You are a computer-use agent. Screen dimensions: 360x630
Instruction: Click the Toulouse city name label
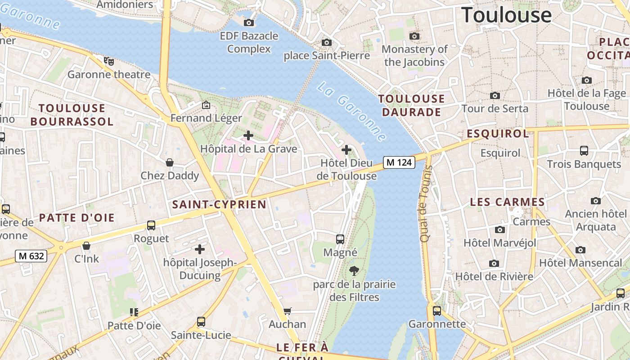[x=507, y=15]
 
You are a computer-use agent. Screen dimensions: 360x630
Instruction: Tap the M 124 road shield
[x=399, y=162]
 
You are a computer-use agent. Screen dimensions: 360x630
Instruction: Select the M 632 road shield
[x=31, y=256]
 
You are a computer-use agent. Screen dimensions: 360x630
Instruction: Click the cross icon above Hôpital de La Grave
[x=248, y=135]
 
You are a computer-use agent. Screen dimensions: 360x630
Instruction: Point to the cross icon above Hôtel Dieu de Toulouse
[x=346, y=149]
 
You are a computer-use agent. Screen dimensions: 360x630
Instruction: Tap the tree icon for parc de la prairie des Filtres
[x=354, y=270]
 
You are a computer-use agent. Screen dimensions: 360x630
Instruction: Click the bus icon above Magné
[x=340, y=239]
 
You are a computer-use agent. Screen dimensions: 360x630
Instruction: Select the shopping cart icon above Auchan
[x=287, y=311]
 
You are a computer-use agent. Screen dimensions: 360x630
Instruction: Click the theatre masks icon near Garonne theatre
[x=108, y=61]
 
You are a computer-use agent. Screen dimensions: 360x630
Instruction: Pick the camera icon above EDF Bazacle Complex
[x=248, y=22]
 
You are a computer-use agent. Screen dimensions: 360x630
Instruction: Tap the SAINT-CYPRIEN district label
[x=219, y=205]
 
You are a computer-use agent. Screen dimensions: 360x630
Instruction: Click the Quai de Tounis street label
[x=425, y=203]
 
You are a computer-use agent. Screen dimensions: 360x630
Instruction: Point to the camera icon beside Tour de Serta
[x=495, y=95]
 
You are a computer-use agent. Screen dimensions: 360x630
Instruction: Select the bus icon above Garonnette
[x=436, y=310]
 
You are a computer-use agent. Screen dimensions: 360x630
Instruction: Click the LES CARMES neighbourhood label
[x=507, y=202]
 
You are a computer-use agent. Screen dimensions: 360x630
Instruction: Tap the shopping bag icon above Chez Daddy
[x=170, y=162]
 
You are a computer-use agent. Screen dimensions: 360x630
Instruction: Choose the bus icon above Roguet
[x=151, y=225]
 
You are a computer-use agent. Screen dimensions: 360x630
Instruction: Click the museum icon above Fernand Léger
[x=206, y=105]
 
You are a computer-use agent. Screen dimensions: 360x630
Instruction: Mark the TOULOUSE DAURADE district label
[x=411, y=105]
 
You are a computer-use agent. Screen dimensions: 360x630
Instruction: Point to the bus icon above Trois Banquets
[x=584, y=151]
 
